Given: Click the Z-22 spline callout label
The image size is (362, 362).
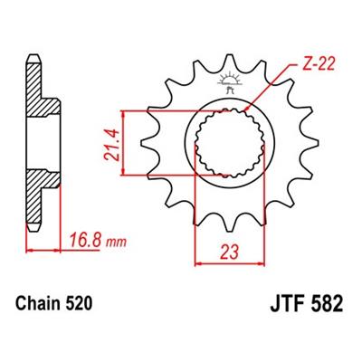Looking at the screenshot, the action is (319, 64).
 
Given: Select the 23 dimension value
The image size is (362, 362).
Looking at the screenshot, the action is (230, 252).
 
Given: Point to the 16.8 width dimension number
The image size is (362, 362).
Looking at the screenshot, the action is (84, 241).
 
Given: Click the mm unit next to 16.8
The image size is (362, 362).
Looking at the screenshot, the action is (116, 243).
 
